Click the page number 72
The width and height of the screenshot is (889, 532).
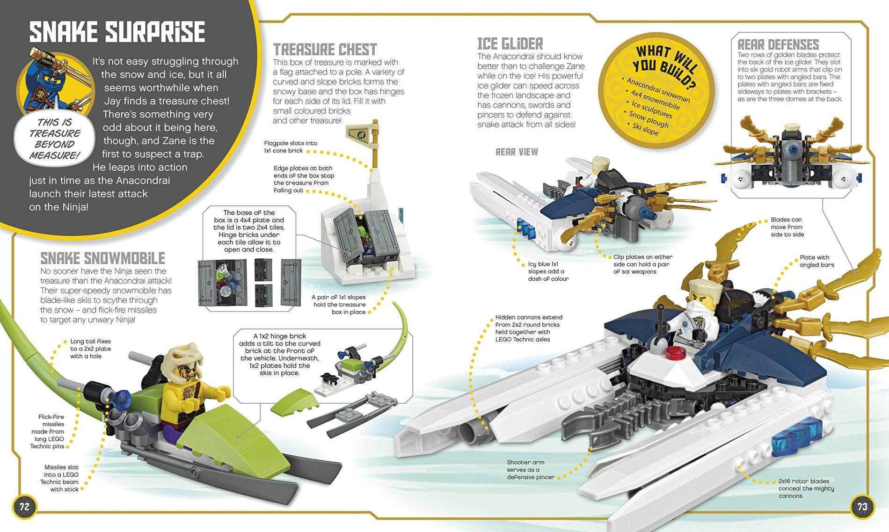coord(24,507)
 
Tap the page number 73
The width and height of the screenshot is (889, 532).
coord(862,507)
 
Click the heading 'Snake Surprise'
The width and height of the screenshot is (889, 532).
coord(117,32)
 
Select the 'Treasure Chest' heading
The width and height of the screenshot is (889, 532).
coord(325,50)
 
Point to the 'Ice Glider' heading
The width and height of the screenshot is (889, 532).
coord(510,44)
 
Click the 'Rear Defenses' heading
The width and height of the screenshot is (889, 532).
coord(778,44)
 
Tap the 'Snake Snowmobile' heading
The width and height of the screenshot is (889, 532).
coord(102,258)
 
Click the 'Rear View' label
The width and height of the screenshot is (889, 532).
coord(517,152)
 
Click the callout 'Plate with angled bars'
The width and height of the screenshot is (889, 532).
coord(816,261)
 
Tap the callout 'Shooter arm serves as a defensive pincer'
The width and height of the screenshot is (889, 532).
coord(531,470)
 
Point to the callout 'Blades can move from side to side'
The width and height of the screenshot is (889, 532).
coord(787,227)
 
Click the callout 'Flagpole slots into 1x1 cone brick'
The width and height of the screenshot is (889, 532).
coord(284,147)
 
